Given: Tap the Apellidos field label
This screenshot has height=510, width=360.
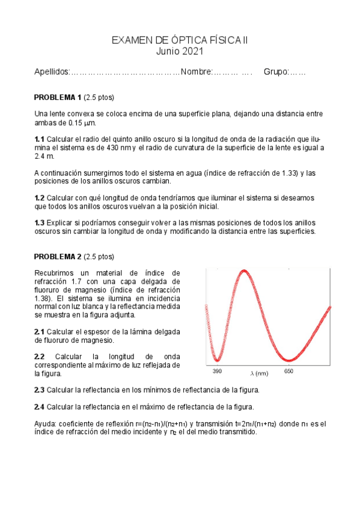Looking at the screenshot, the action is point(52,73).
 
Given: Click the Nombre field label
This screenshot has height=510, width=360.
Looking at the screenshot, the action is point(196,73).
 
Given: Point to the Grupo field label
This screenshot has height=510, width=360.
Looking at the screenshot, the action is point(276,73).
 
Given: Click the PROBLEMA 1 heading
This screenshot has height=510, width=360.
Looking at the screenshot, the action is point(58,97).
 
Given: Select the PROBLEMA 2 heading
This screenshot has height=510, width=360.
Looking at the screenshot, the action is point(58,257).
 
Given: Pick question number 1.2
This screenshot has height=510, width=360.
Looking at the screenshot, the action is point(40,198).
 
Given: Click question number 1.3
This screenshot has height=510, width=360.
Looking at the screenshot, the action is point(40,223).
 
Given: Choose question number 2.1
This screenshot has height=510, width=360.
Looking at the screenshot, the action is point(40,331).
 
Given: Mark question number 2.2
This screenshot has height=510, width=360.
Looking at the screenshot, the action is point(40,357).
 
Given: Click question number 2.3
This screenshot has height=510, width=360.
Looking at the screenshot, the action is point(40,390).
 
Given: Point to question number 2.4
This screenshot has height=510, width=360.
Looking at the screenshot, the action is point(40,406).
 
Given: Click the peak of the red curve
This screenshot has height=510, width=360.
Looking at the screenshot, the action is point(244,271).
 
